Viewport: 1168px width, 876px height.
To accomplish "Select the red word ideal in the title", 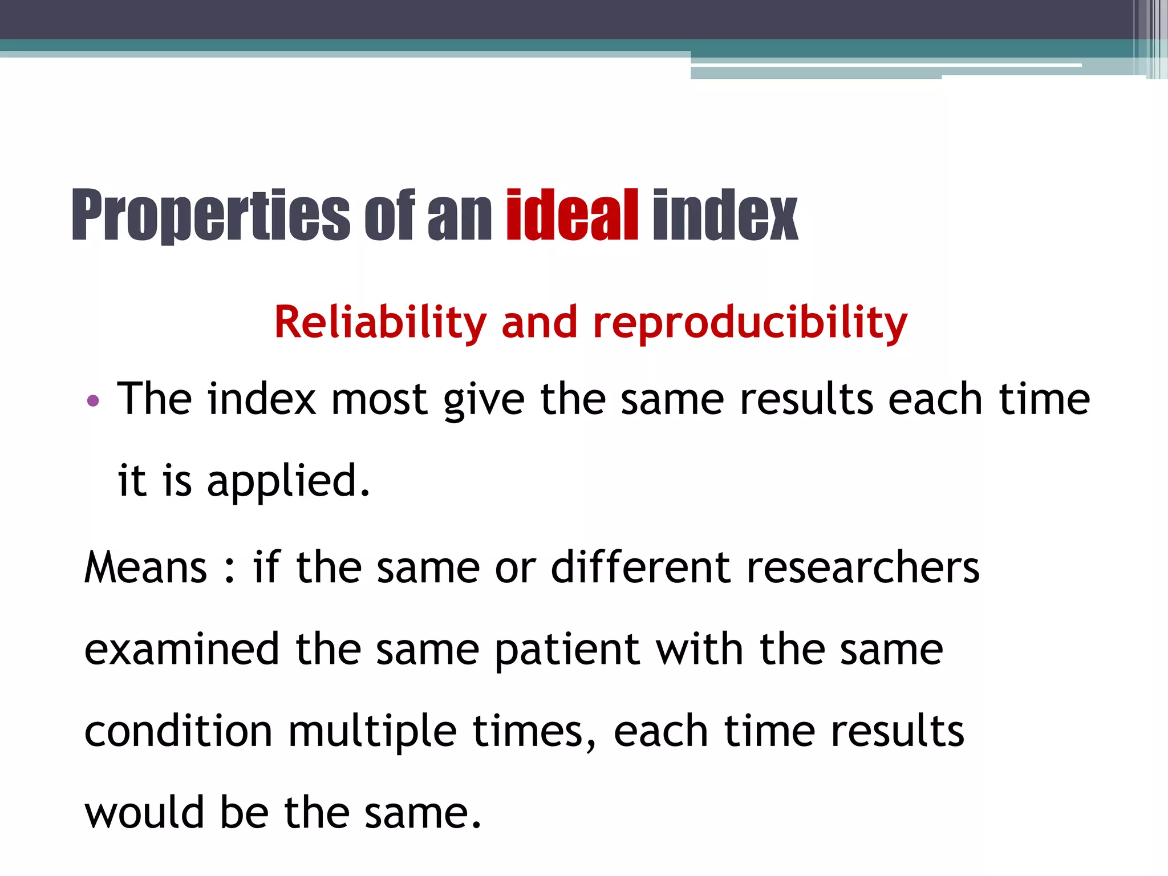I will (572, 215).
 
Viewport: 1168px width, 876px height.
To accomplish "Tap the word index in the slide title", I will (725, 215).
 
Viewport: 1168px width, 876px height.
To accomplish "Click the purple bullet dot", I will (93, 401).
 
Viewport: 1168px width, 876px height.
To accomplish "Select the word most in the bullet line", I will (379, 399).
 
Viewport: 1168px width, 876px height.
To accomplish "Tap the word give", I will (484, 400).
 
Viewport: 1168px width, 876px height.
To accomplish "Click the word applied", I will (289, 481).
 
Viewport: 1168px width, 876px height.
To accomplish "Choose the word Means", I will (146, 568).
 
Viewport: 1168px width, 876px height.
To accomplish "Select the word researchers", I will (863, 568).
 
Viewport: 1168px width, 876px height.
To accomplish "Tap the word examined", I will (182, 650).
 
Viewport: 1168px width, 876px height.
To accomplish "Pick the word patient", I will (567, 650).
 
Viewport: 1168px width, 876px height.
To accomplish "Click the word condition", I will (179, 731).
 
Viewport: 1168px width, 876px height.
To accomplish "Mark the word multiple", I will (372, 732).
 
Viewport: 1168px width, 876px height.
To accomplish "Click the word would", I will (145, 812).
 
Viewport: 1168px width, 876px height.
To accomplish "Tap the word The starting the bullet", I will (154, 399).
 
